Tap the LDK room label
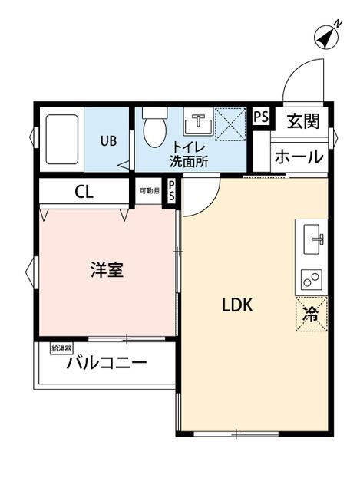point(237,304)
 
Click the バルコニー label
point(106,363)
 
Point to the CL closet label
point(84,192)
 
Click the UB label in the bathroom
point(108,140)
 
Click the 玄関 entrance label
point(305,120)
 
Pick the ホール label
point(299,157)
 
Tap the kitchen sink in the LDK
point(314,239)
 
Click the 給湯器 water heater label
point(61,348)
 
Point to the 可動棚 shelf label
point(149,189)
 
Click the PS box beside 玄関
point(261,117)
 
